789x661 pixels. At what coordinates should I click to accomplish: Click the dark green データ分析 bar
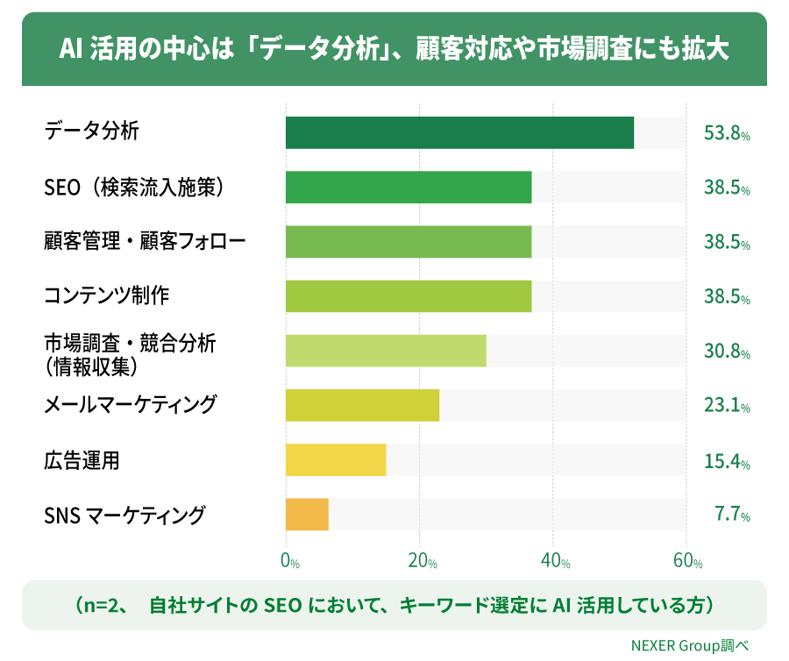pos(459,132)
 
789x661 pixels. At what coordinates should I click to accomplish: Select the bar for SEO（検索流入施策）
pos(409,187)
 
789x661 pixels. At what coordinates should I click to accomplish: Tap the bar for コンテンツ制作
pos(409,296)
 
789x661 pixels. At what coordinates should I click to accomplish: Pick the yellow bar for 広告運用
pos(336,459)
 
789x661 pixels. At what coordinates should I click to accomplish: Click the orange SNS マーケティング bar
pos(307,514)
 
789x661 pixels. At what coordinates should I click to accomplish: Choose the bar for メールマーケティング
pos(362,405)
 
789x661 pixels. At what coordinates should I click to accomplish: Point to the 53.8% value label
pos(727,133)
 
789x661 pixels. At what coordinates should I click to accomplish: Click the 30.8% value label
pos(727,352)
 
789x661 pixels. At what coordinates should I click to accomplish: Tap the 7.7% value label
pos(732,514)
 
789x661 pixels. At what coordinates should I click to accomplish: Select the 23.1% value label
pos(727,405)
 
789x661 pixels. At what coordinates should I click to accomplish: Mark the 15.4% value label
pos(727,461)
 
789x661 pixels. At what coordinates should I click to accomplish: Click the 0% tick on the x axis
pos(290,560)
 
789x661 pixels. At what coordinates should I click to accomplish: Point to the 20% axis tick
pos(423,560)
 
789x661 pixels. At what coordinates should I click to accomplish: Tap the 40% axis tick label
pos(556,560)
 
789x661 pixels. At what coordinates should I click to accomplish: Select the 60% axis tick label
pos(688,560)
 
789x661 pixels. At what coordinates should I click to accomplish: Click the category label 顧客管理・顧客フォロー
pos(145,241)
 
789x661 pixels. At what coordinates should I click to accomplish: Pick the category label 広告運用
pos(82,460)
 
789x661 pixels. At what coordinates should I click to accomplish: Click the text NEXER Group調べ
pos(690,645)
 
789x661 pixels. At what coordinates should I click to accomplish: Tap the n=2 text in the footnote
pos(100,605)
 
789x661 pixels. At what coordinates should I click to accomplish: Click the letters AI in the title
pos(70,49)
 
